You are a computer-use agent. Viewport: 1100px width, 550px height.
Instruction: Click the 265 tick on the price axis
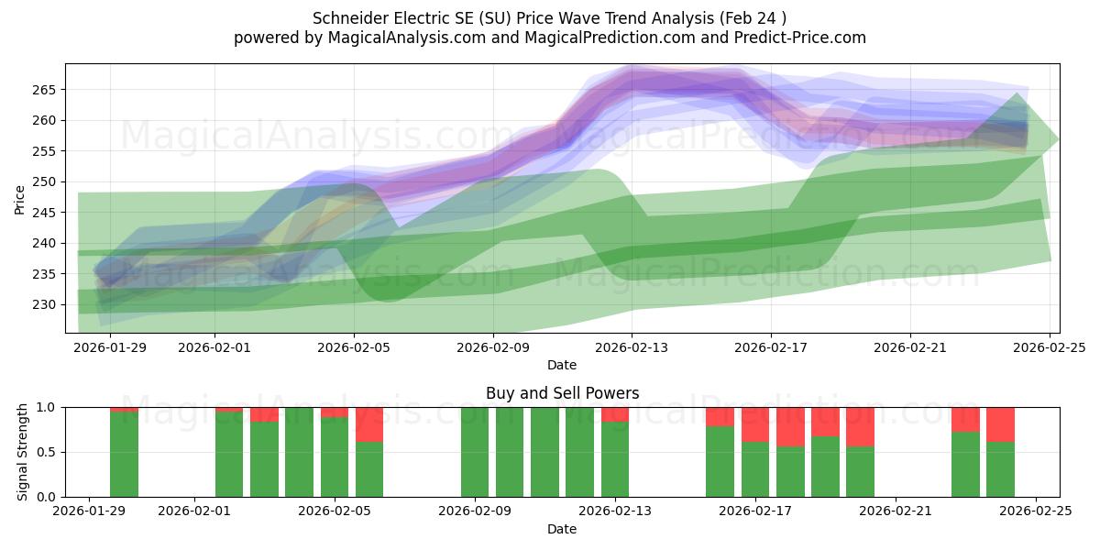pyautogui.click(x=47, y=90)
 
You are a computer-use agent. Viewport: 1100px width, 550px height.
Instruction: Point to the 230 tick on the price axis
pyautogui.click(x=47, y=304)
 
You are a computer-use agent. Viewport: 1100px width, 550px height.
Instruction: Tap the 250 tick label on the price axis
pyautogui.click(x=47, y=181)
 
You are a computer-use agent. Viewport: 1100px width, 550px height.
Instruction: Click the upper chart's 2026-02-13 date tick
pyautogui.click(x=632, y=347)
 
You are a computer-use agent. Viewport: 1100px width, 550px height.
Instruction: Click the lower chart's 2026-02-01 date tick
pyautogui.click(x=196, y=511)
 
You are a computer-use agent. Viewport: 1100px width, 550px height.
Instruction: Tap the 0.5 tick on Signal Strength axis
pyautogui.click(x=47, y=452)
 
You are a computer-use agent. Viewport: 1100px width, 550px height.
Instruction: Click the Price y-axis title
pyautogui.click(x=20, y=199)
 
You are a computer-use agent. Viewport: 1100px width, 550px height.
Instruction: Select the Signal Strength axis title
pyautogui.click(x=23, y=452)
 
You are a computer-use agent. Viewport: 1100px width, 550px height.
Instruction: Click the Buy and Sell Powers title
pyautogui.click(x=562, y=393)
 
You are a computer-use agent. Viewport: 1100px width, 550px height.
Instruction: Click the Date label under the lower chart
pyautogui.click(x=562, y=529)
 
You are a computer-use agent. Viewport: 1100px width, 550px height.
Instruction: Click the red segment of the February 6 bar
pyautogui.click(x=369, y=424)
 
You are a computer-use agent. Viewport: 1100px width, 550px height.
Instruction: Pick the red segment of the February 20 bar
pyautogui.click(x=860, y=426)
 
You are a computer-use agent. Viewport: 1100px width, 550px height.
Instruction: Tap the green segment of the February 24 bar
pyautogui.click(x=1000, y=469)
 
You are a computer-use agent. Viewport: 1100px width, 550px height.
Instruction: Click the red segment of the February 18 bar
pyautogui.click(x=790, y=426)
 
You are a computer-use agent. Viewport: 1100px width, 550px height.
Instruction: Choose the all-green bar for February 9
pyautogui.click(x=475, y=452)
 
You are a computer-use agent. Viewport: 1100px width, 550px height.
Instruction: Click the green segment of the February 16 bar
pyautogui.click(x=720, y=462)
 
